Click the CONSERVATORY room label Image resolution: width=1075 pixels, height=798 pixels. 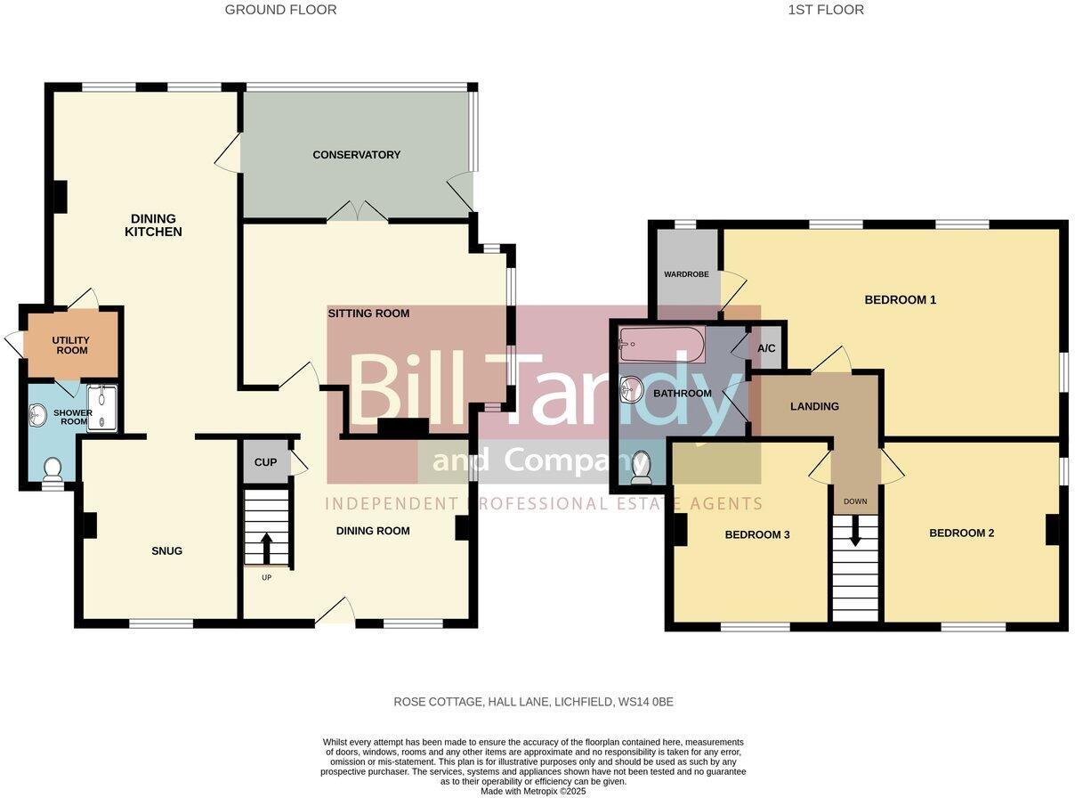(356, 155)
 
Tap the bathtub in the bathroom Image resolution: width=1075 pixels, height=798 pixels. (662, 344)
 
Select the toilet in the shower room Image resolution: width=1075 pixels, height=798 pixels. (53, 468)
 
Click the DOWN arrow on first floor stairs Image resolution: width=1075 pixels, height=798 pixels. (855, 534)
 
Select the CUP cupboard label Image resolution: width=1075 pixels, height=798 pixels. (265, 462)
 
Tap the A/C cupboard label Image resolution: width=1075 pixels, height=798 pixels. (766, 348)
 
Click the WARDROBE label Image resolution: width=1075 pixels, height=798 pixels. (686, 274)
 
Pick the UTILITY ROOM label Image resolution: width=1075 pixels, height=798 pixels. (71, 345)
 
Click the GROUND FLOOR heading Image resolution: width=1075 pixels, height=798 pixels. (280, 10)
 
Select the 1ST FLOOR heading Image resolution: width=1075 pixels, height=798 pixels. (826, 10)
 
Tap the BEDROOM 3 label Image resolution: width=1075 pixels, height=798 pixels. (757, 534)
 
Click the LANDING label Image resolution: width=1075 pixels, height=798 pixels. (814, 406)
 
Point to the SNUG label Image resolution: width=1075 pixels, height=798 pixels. (166, 550)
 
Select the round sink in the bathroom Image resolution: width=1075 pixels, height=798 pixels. (633, 389)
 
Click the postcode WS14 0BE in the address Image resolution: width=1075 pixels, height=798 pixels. (643, 702)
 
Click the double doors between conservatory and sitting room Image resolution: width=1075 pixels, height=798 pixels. (357, 212)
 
